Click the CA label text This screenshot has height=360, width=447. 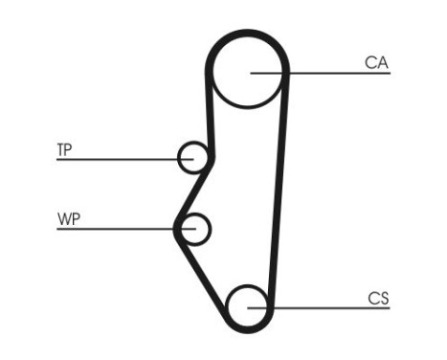click(x=376, y=63)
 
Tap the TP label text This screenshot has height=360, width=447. click(x=65, y=149)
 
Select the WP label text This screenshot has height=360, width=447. click(x=67, y=219)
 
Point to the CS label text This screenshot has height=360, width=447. click(x=377, y=299)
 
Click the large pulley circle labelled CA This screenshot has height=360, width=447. click(x=249, y=73)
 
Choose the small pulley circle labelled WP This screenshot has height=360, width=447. click(x=196, y=229)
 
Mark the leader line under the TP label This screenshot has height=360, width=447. click(x=115, y=159)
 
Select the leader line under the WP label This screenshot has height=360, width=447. click(x=115, y=229)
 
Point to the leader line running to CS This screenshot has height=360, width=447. click(x=325, y=307)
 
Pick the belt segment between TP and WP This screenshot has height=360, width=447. click(x=194, y=191)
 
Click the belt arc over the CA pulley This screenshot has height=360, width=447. click(x=249, y=36)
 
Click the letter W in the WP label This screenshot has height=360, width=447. click(x=62, y=219)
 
